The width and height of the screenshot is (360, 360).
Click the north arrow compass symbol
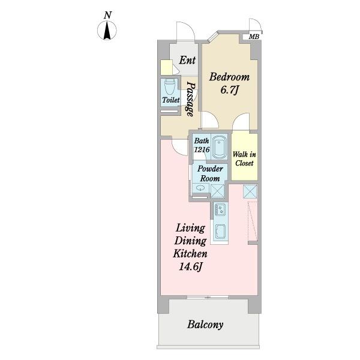point(107,31)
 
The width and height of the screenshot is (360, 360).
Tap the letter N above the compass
point(107,15)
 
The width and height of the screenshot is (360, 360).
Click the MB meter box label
point(254,37)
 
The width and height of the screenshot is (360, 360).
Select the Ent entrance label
point(187,60)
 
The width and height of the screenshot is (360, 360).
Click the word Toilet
point(171,100)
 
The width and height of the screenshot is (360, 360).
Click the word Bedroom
point(229,77)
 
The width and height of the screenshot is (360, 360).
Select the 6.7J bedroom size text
point(229,90)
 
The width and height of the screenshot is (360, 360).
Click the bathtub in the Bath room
point(219,147)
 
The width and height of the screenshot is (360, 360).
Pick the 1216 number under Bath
point(202,149)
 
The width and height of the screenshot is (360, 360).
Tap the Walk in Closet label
point(244,158)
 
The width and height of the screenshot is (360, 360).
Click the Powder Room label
point(210,173)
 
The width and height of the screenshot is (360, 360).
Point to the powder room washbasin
point(200,188)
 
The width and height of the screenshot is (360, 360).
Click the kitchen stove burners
point(220,209)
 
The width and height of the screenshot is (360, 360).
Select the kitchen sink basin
point(220,231)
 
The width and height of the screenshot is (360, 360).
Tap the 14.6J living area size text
point(191,266)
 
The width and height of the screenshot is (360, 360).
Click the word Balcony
point(205,325)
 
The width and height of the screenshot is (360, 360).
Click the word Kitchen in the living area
point(190,254)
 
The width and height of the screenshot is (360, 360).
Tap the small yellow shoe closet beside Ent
point(166,67)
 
